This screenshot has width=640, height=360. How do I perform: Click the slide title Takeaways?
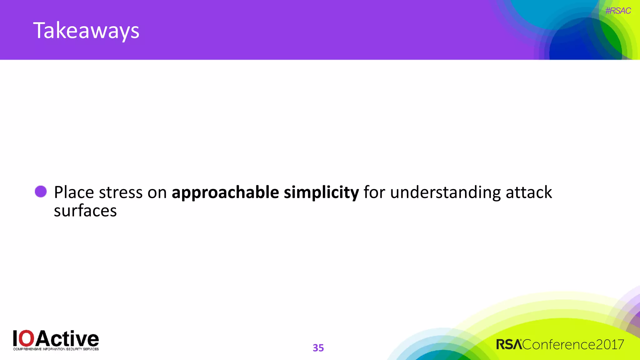86,31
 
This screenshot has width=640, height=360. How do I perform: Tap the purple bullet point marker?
41,192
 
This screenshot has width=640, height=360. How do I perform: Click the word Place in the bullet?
74,192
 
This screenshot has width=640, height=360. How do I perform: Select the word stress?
121,192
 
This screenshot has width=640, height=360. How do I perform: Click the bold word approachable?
225,192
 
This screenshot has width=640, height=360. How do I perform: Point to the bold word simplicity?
321,192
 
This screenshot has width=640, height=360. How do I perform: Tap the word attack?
529,192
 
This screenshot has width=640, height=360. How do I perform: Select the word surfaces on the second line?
85,211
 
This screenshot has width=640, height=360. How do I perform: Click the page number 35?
318,348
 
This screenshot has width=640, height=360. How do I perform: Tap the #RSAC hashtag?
618,11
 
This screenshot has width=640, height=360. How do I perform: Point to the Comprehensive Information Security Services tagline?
56,349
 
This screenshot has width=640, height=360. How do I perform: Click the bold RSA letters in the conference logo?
509,345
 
